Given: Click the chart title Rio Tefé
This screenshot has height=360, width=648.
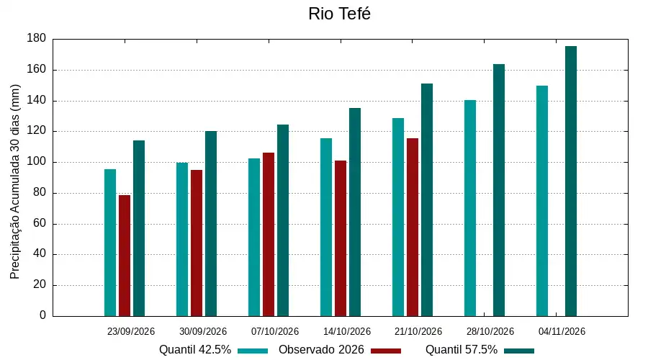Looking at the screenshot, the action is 339,14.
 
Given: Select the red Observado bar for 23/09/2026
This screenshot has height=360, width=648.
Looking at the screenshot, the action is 125,256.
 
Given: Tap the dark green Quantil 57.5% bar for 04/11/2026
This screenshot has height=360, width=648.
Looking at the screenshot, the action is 571,181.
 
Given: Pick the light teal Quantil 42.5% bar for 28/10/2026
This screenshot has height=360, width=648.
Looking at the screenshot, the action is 470,208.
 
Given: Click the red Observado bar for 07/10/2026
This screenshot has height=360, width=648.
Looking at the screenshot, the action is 269,234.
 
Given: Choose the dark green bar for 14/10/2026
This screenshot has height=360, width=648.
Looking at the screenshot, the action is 355,212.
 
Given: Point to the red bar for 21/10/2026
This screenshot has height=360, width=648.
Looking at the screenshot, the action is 413,228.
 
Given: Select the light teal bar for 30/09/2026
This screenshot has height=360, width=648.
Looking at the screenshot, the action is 182,239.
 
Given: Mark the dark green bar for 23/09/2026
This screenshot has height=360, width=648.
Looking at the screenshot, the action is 139,228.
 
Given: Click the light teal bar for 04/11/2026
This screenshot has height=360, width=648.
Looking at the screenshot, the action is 542,201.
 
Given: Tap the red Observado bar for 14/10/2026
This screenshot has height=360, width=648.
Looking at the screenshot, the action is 341,238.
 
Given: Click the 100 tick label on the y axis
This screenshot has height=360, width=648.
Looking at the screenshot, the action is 37,161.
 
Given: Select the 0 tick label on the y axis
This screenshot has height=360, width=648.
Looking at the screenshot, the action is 43,315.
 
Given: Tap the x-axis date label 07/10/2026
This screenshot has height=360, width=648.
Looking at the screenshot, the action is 275,331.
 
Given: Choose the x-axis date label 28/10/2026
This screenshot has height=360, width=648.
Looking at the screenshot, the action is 490,331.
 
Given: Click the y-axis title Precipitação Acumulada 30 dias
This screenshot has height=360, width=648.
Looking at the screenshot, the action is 15,181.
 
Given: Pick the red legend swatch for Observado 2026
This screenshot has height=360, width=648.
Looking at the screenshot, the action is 386,351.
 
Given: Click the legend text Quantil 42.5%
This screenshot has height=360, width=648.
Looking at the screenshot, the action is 195,350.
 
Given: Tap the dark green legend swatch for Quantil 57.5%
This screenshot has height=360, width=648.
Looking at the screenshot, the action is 519,351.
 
